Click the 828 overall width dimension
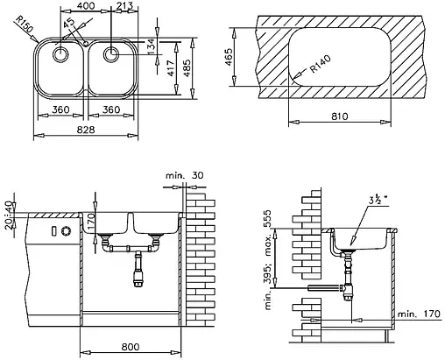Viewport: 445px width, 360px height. coord(87,129)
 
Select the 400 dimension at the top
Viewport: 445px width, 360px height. coord(85,7)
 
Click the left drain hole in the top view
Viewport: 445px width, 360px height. coord(61,54)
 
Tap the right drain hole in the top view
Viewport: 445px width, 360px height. coord(111,54)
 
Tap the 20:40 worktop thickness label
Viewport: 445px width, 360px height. coord(10,215)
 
